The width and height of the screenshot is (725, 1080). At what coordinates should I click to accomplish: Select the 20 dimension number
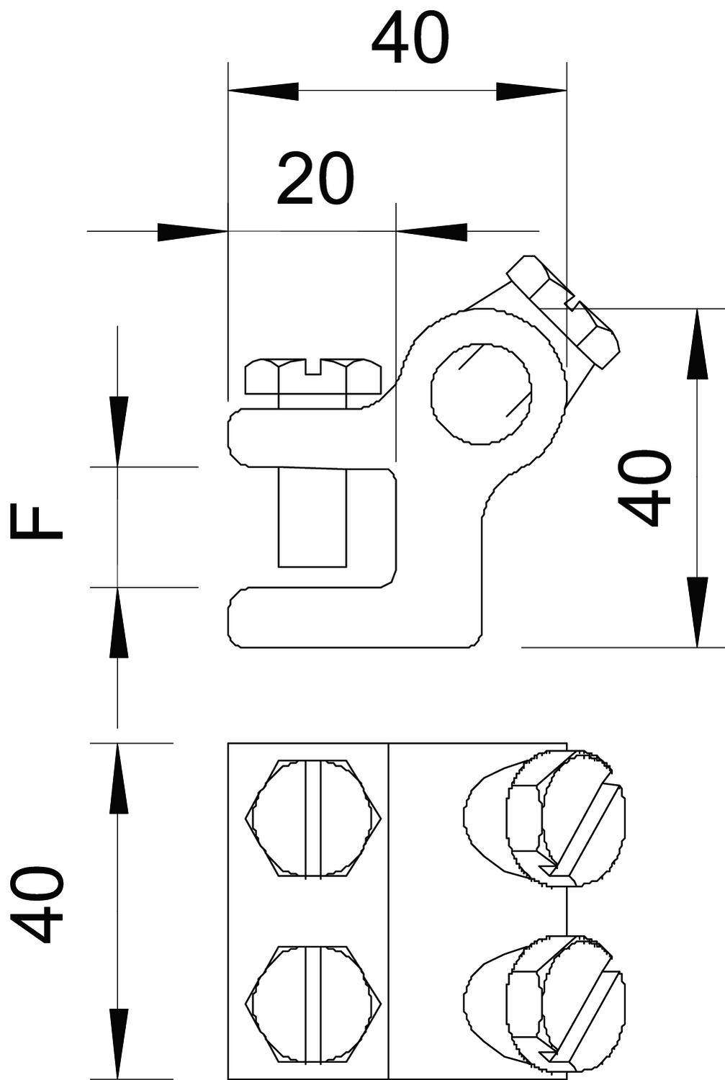click(x=315, y=179)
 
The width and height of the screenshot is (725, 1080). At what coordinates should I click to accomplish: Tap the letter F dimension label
click(x=37, y=522)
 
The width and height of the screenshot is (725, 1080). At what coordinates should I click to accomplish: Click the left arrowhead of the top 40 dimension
click(x=263, y=91)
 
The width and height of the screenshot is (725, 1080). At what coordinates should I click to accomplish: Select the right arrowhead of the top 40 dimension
click(x=531, y=91)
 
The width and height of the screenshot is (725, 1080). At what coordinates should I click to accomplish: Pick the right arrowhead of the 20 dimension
click(x=431, y=231)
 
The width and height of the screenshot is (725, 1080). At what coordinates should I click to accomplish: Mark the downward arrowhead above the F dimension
click(x=118, y=431)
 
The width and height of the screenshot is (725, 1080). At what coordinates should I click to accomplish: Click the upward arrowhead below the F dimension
click(x=118, y=622)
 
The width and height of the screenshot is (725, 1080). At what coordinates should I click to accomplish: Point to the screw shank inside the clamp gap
click(x=312, y=516)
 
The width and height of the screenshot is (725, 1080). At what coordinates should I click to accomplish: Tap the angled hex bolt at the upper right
click(x=563, y=311)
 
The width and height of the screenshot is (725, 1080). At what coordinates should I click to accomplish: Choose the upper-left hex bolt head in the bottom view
click(x=313, y=819)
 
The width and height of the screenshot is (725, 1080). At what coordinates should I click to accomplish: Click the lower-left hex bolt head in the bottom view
click(x=313, y=1002)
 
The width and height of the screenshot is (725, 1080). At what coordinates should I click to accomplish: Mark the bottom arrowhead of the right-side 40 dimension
click(x=697, y=612)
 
